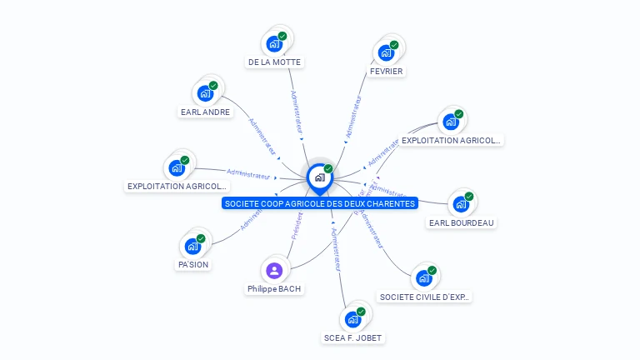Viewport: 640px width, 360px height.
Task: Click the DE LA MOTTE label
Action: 274,62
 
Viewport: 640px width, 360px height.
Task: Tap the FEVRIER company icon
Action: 386,52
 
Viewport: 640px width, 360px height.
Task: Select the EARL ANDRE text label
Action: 205,112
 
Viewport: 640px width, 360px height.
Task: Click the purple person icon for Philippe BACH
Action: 274,270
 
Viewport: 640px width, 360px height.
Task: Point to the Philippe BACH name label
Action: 274,289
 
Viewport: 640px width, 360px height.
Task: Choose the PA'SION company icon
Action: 192,247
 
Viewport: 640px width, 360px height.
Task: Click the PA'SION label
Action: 192,265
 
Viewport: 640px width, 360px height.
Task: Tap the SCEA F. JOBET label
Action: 353,338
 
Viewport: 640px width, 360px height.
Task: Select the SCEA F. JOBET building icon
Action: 352,319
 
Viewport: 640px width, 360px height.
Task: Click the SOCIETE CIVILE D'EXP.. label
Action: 424,297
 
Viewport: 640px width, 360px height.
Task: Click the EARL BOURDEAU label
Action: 461,222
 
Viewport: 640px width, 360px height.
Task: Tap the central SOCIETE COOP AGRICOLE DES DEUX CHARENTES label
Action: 319,203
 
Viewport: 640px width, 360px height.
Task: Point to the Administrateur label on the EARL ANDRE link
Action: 262,137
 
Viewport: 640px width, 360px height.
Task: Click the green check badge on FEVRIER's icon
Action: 394,45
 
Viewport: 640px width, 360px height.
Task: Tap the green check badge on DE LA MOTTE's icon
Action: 282,37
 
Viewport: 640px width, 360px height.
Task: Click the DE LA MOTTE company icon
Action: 273,44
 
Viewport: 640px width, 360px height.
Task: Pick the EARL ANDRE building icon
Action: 204,93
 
